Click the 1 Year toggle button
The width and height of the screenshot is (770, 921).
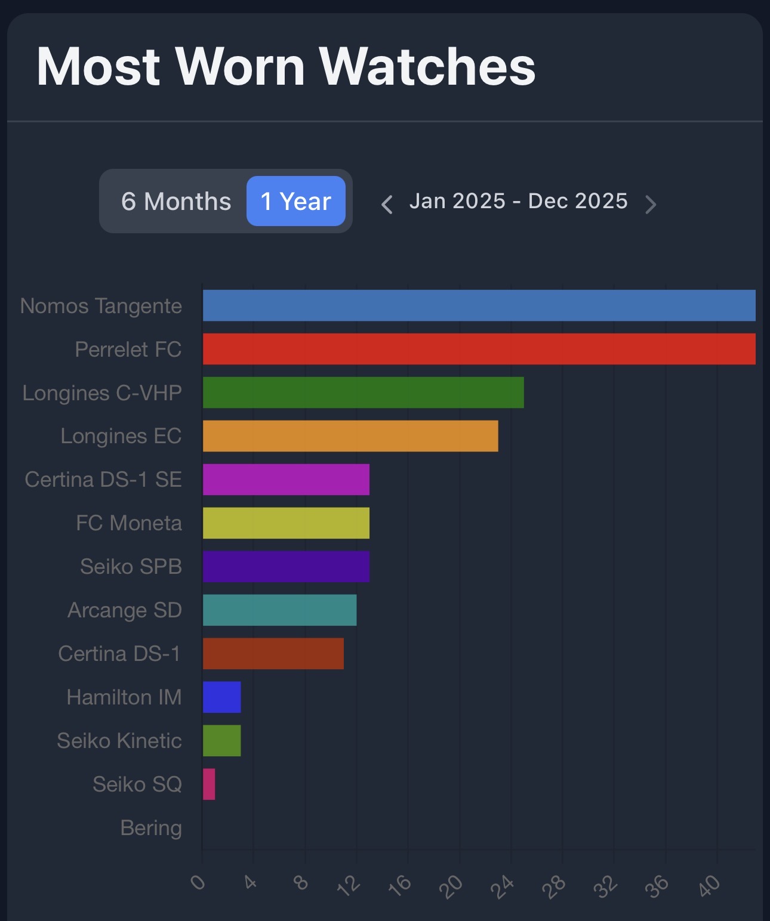[x=296, y=201]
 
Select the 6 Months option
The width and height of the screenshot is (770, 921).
[x=176, y=201]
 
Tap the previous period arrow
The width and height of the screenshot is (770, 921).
[x=387, y=204]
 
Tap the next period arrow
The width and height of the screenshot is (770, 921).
[x=651, y=204]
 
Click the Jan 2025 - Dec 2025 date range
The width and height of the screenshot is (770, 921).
[x=518, y=201]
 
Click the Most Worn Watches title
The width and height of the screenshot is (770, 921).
[x=286, y=66]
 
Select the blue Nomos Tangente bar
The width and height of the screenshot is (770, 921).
[x=479, y=305]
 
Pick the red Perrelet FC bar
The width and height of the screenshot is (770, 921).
[x=479, y=349]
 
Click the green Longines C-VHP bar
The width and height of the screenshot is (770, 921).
[x=363, y=392]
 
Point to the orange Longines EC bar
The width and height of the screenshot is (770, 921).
[x=350, y=436]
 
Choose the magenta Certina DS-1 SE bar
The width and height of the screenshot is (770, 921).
[x=286, y=480]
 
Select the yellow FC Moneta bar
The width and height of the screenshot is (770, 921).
[x=286, y=523]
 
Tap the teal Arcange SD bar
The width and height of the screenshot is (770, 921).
[x=279, y=610]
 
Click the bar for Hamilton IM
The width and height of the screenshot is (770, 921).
[x=221, y=697]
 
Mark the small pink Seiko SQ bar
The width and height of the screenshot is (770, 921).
[x=209, y=784]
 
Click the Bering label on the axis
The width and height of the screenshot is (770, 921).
[x=151, y=828]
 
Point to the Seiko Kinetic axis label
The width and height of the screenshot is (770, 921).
[x=119, y=741]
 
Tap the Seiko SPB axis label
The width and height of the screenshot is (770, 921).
[x=131, y=567]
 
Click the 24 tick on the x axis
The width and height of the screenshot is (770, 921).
[x=503, y=886]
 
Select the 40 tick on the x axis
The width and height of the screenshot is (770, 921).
[x=710, y=886]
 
